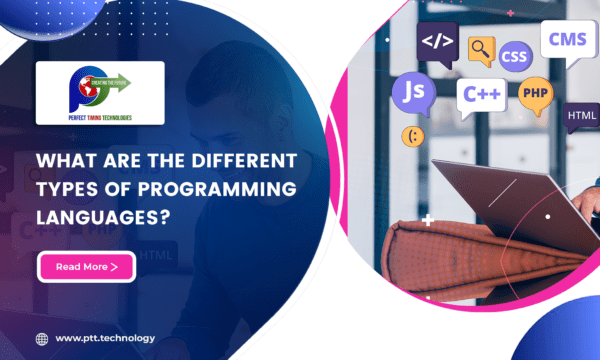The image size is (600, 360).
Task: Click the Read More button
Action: (86, 267)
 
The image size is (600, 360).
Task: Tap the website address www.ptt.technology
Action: (105, 338)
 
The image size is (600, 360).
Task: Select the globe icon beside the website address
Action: (42, 338)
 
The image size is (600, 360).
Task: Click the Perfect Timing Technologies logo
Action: (100, 93)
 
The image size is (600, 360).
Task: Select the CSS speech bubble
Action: (514, 56)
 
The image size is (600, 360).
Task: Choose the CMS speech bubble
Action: (566, 40)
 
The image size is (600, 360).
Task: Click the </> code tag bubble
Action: (436, 42)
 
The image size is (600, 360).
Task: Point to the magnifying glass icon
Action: (482, 47)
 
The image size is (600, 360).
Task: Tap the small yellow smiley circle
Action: (411, 135)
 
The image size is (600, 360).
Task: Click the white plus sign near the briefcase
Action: (428, 219)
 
